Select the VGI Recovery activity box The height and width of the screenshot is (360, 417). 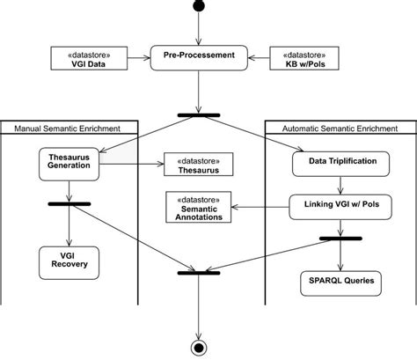pyautogui.click(x=66, y=261)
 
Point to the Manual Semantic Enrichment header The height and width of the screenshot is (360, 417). pyautogui.click(x=68, y=129)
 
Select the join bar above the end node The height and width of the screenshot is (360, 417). pyautogui.click(x=200, y=273)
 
